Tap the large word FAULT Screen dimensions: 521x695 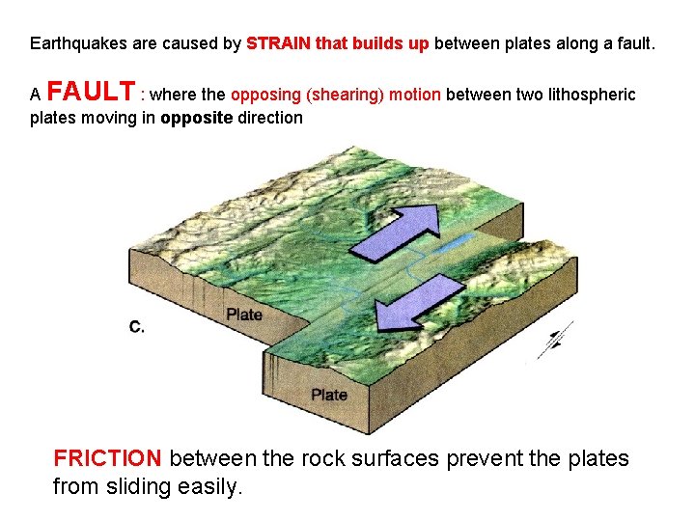(91, 93)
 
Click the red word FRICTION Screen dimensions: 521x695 (108, 458)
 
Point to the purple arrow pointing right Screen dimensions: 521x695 (393, 233)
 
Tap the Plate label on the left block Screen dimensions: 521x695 (243, 315)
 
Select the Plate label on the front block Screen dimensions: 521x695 (329, 394)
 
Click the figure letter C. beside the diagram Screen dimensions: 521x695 (137, 327)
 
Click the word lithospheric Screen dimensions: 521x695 (587, 95)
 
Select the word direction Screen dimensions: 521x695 (269, 118)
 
